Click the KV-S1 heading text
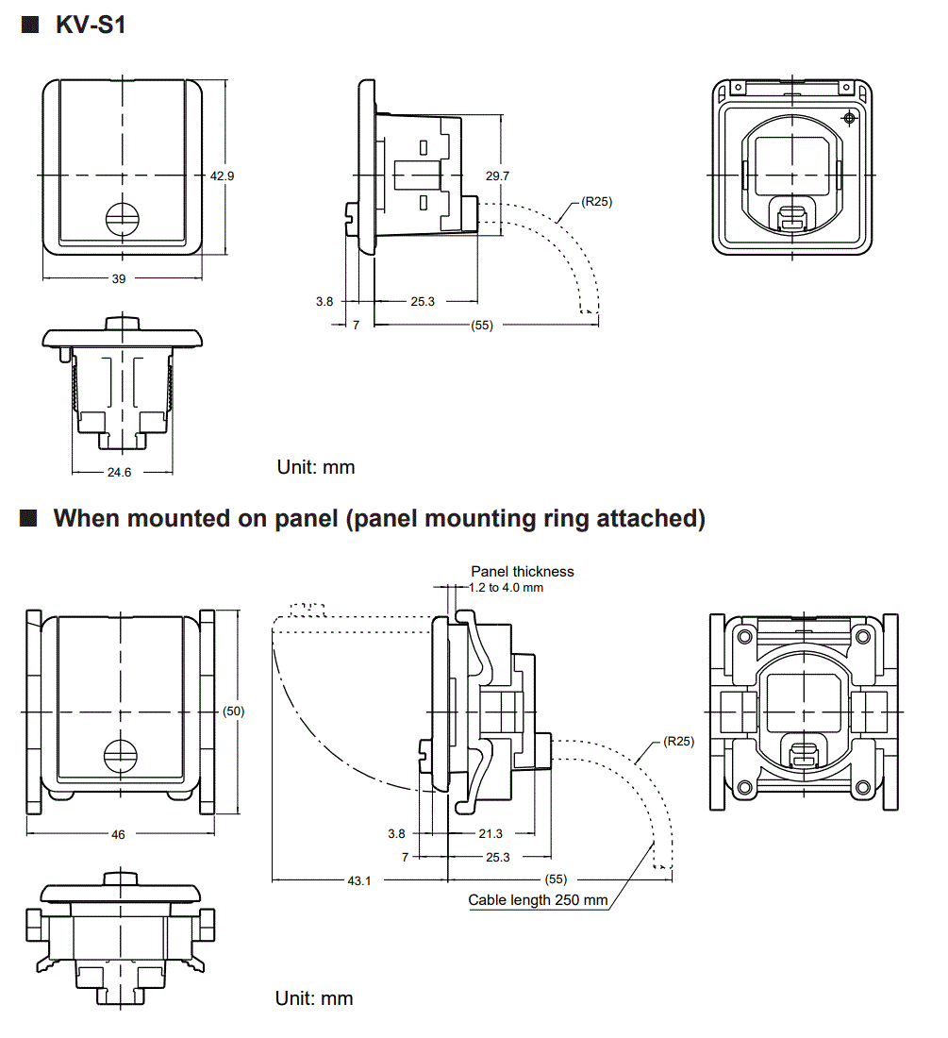91,25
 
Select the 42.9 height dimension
222,176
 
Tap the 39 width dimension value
119,278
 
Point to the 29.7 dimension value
498,176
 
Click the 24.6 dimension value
119,472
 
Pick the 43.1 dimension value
359,881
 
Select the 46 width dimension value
118,834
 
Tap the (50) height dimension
233,711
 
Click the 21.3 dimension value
491,833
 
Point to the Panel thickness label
523,571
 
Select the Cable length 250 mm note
538,900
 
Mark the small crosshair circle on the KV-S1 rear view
849,118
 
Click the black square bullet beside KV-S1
28,25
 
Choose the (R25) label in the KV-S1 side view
596,200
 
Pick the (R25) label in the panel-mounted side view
678,741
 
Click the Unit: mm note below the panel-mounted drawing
314,997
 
